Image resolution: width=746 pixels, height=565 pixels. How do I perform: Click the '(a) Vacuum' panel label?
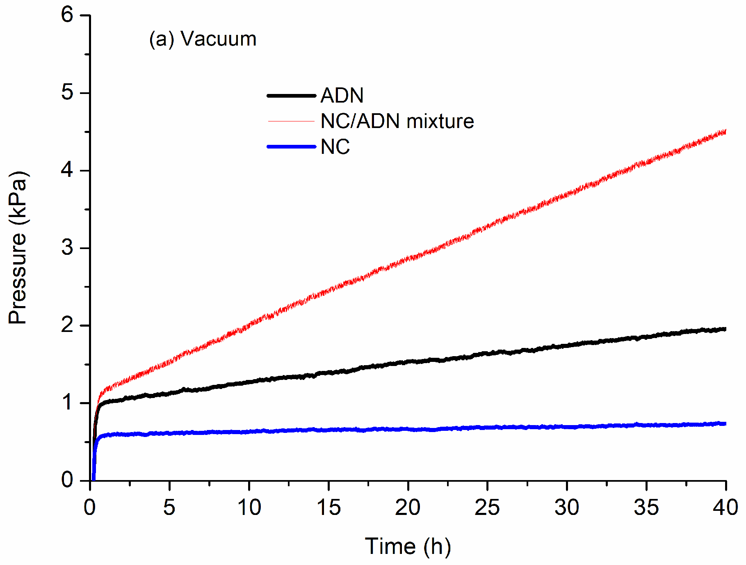pyautogui.click(x=203, y=39)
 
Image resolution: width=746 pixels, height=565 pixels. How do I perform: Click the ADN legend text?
pyautogui.click(x=342, y=96)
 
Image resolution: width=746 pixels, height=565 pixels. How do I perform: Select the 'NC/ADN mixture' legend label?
pyautogui.click(x=397, y=121)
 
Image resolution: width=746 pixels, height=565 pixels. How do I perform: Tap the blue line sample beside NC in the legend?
pyautogui.click(x=292, y=146)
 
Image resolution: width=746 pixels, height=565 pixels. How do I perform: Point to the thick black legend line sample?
pyautogui.click(x=292, y=96)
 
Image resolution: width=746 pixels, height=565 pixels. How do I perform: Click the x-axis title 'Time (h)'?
pyautogui.click(x=408, y=547)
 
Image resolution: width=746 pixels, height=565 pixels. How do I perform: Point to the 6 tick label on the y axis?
pyautogui.click(x=67, y=15)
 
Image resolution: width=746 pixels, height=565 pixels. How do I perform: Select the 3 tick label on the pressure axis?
pyautogui.click(x=67, y=248)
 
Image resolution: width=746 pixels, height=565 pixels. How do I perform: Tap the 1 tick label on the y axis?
pyautogui.click(x=67, y=403)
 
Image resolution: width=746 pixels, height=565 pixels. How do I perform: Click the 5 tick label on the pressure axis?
pyautogui.click(x=67, y=93)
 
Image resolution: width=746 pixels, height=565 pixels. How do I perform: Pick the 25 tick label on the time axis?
pyautogui.click(x=487, y=508)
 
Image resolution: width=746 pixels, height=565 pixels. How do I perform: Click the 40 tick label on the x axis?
pyautogui.click(x=725, y=508)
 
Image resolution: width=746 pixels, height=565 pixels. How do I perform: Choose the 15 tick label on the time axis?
pyautogui.click(x=329, y=508)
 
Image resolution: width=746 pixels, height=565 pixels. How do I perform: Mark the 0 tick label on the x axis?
pyautogui.click(x=90, y=508)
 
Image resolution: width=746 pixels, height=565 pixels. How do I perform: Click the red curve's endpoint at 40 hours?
pyautogui.click(x=725, y=132)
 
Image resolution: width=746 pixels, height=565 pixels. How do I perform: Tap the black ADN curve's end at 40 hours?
pyautogui.click(x=725, y=329)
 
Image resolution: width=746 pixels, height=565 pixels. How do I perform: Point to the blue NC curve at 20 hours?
pyautogui.click(x=408, y=429)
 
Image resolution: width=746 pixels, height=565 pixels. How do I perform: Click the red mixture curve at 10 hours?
pyautogui.click(x=249, y=326)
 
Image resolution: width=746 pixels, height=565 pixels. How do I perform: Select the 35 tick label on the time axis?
pyautogui.click(x=646, y=508)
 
